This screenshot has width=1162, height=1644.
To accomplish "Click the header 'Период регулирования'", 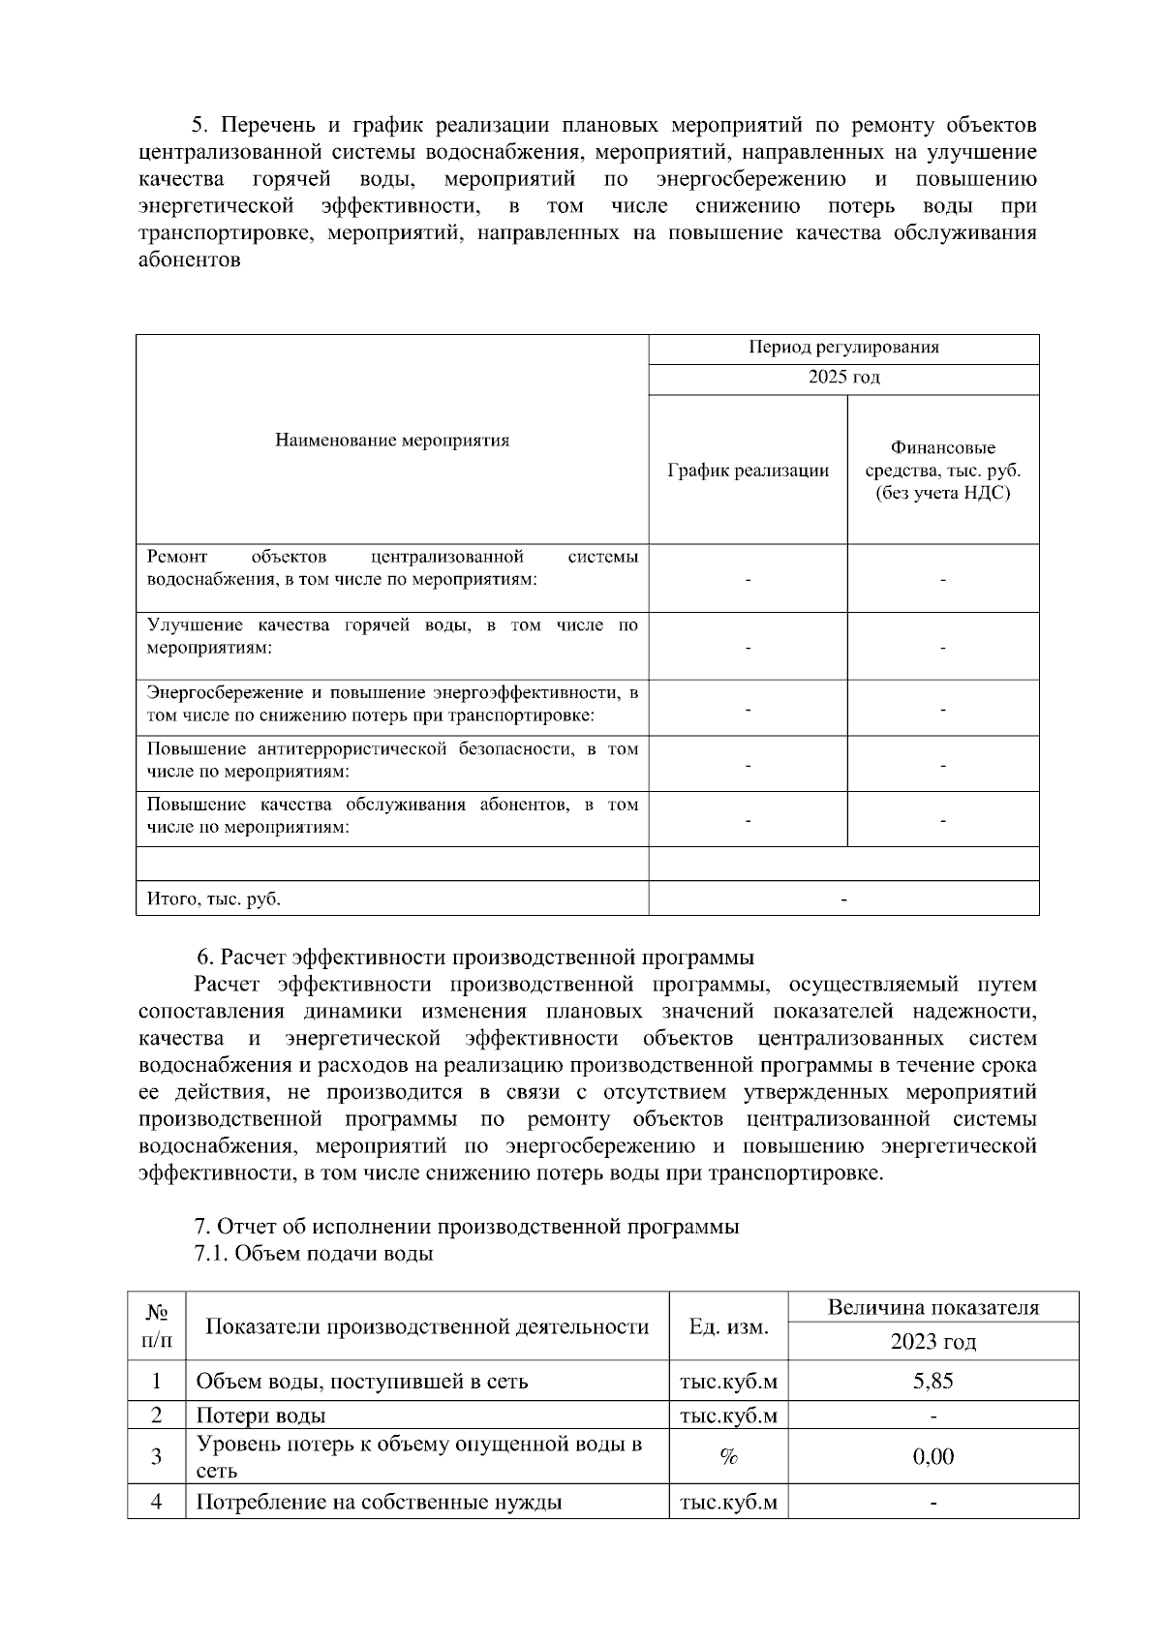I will pos(843,349).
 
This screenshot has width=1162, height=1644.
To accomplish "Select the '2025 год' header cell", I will pos(843,379).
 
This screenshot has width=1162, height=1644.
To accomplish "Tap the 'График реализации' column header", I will pos(748,471).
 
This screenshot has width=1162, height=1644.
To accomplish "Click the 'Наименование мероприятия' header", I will pos(392,441).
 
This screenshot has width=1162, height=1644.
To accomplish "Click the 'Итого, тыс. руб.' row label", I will pos(214,898).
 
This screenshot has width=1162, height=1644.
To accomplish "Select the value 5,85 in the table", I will pos(933,1381).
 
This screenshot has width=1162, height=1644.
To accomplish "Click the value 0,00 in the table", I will pos(933,1456).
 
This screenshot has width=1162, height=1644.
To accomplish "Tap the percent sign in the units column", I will pos(728,1457).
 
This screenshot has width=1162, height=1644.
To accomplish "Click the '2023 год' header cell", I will pos(933,1342).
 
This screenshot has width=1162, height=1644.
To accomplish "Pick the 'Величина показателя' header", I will pos(933,1308).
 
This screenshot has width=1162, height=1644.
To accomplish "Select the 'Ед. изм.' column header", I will pos(728,1326).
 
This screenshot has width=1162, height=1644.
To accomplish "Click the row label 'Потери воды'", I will pos(260,1416).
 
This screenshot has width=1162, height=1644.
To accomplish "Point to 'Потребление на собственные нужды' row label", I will pos(379,1503).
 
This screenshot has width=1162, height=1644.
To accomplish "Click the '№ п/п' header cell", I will pos(156,1326).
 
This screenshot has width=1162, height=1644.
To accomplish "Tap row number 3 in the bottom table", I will pos(156,1457).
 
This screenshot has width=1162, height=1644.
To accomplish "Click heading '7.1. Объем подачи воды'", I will pos(314,1254).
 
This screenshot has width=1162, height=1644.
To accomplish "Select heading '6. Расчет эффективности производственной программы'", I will pos(474,958).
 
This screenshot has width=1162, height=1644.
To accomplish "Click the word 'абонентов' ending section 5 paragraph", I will pos(189,260).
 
